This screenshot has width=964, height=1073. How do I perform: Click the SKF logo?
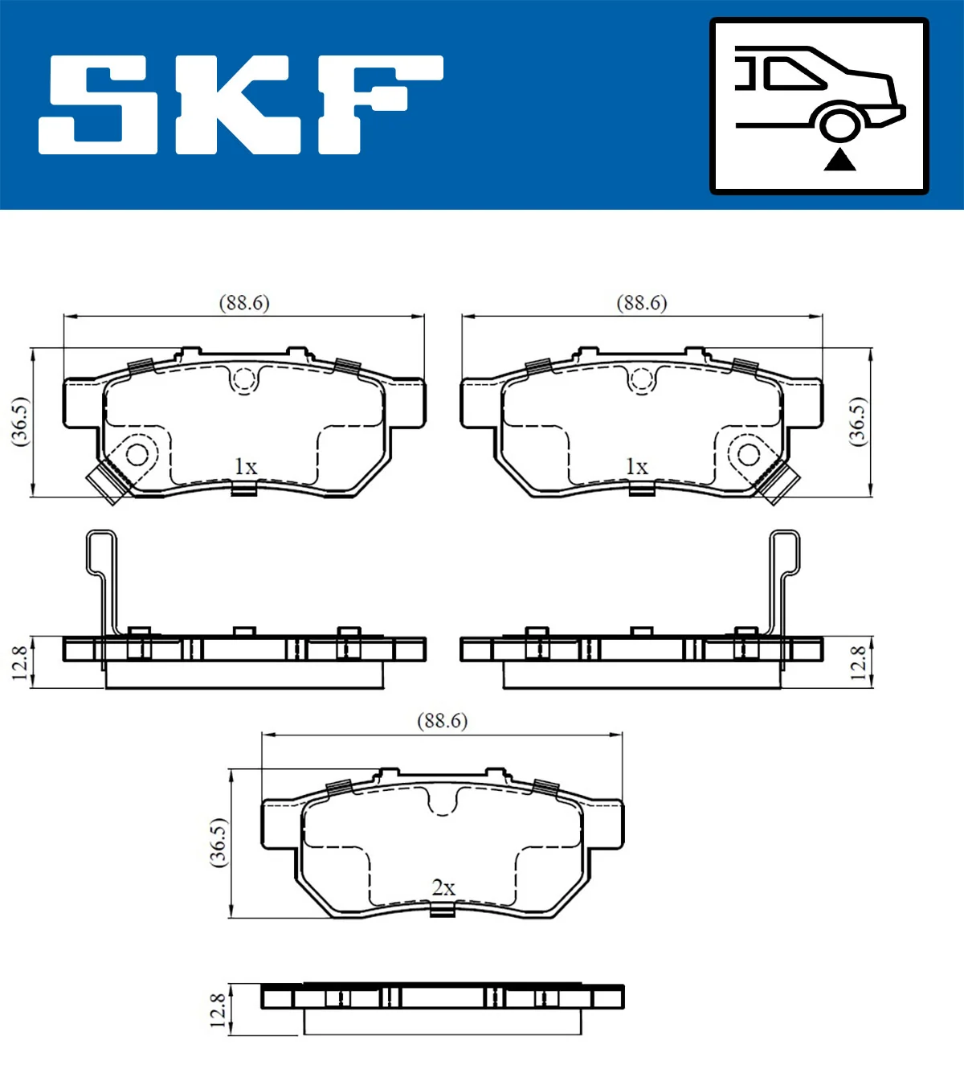pyautogui.click(x=241, y=104)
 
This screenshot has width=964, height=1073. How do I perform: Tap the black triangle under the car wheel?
pyautogui.click(x=839, y=160)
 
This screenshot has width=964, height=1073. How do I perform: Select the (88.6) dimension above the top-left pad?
pyautogui.click(x=244, y=303)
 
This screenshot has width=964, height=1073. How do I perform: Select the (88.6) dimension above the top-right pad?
pyautogui.click(x=642, y=303)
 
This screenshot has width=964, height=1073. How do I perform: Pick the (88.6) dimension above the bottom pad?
pyautogui.click(x=442, y=721)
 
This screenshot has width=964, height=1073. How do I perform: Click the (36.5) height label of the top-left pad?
pyautogui.click(x=20, y=420)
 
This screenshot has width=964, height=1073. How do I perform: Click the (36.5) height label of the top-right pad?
pyautogui.click(x=858, y=420)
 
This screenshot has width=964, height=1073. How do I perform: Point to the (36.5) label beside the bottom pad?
pyautogui.click(x=219, y=842)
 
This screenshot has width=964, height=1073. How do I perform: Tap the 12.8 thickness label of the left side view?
pyautogui.click(x=20, y=662)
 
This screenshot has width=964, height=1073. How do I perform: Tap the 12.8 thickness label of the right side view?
pyautogui.click(x=858, y=662)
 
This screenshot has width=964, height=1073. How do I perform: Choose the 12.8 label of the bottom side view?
pyautogui.click(x=219, y=1010)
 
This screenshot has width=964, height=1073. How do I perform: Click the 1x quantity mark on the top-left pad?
pyautogui.click(x=245, y=466)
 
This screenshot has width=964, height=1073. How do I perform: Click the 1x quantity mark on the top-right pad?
pyautogui.click(x=636, y=466)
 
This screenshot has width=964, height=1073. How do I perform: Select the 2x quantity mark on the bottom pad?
pyautogui.click(x=443, y=887)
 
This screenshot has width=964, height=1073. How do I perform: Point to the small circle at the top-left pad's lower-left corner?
pyautogui.click(x=137, y=455)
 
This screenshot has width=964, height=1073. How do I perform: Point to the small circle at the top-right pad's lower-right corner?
pyautogui.click(x=749, y=455)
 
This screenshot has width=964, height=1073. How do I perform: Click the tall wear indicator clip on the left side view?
pyautogui.click(x=102, y=579)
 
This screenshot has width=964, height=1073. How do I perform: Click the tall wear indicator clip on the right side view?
pyautogui.click(x=784, y=579)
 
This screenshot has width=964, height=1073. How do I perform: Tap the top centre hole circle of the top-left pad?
pyautogui.click(x=243, y=379)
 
